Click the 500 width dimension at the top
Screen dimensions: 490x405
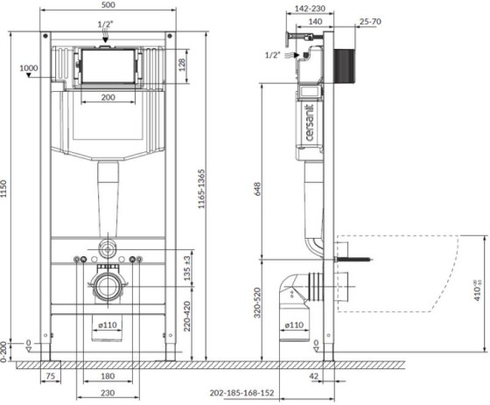point(108,4)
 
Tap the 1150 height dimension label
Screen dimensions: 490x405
point(3,188)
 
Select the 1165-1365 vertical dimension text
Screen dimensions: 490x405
point(202,189)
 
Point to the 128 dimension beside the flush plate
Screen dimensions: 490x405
point(182,65)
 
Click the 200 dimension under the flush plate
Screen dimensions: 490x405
point(108,97)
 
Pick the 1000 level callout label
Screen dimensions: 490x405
point(29,68)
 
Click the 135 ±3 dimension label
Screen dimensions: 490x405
point(187,269)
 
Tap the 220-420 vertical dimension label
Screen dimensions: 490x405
point(187,316)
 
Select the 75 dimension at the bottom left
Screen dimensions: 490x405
point(51,375)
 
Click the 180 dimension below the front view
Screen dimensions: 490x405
point(108,375)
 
